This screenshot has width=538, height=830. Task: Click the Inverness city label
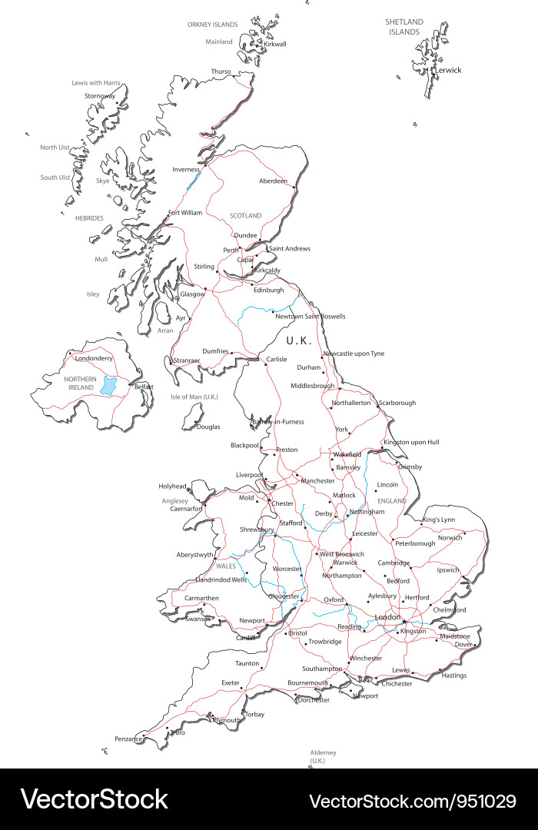click(x=185, y=169)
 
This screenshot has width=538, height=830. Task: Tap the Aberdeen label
click(x=273, y=181)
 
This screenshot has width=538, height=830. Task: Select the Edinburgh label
click(x=268, y=290)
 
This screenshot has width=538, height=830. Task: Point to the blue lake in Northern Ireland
click(x=109, y=384)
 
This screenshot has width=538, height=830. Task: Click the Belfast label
click(x=144, y=387)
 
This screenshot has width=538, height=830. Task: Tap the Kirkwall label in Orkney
click(x=274, y=44)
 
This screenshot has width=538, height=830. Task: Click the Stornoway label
click(x=99, y=95)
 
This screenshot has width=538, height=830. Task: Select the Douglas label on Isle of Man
click(x=208, y=427)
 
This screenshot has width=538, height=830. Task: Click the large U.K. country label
click(x=299, y=340)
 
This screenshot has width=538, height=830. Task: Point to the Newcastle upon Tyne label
click(x=354, y=354)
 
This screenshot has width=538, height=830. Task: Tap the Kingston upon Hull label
click(x=411, y=442)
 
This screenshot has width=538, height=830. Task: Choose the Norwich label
click(x=450, y=537)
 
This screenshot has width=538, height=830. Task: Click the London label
click(x=388, y=617)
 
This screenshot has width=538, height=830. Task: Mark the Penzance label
click(x=128, y=739)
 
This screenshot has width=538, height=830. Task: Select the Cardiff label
click(x=244, y=637)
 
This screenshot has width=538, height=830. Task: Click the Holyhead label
click(x=172, y=486)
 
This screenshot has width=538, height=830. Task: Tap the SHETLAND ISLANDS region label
click(x=403, y=27)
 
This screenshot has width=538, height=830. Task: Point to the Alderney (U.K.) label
click(x=323, y=756)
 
